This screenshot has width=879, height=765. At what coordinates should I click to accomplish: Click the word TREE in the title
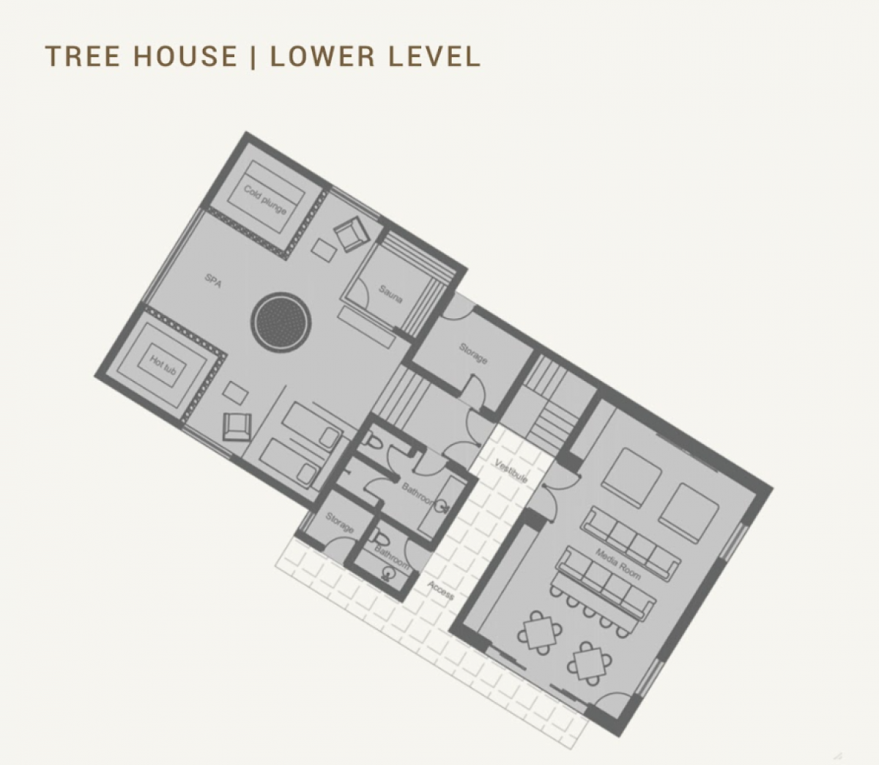82,56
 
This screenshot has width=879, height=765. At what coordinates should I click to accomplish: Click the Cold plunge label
264,199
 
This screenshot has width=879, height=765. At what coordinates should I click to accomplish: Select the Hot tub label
163,365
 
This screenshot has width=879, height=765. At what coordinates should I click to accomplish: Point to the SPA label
213,281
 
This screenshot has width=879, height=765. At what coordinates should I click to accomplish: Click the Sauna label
390,294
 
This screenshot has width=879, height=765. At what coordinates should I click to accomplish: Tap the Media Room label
617,563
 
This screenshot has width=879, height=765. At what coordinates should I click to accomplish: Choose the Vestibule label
511,470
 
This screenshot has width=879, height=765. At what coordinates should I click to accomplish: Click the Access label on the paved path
441,589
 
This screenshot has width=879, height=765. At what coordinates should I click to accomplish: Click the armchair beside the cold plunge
352,233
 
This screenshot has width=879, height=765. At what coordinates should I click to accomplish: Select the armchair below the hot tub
237,426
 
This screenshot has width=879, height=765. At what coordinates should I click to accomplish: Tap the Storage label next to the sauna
473,353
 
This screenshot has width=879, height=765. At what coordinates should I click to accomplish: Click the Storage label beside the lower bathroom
339,522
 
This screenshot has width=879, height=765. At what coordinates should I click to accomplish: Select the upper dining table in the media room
539,632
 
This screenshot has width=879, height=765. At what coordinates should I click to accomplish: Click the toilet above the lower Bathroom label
382,539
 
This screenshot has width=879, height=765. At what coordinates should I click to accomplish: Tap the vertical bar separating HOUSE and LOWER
253,56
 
